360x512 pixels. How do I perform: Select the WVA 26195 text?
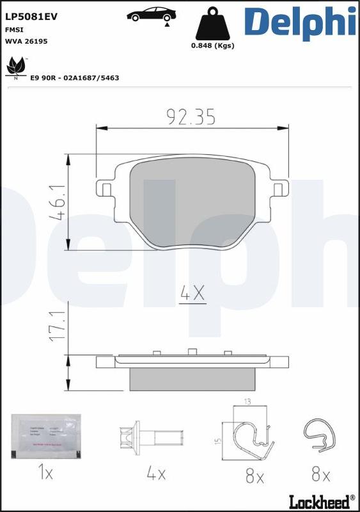26,41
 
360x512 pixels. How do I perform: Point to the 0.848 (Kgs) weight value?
213,45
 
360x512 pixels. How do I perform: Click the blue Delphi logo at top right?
299,21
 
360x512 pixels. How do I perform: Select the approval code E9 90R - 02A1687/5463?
75,77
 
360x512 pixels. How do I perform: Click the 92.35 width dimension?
191,116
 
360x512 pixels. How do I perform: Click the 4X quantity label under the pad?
192,294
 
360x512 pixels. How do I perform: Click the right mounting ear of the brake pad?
278,189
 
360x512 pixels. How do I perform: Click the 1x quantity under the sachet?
45,474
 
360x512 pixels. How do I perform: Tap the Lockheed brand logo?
322,499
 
